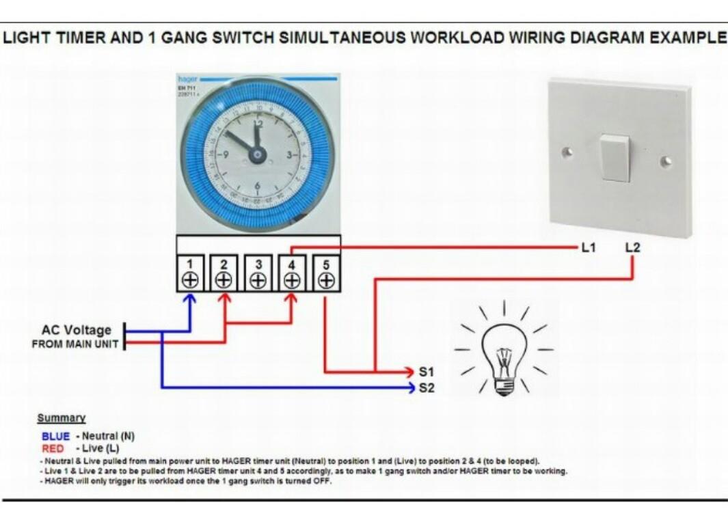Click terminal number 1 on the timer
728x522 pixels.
pyautogui.click(x=191, y=274)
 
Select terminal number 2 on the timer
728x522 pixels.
pyautogui.click(x=224, y=274)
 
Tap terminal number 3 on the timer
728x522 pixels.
pyautogui.click(x=258, y=274)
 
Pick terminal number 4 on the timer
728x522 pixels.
pyautogui.click(x=291, y=274)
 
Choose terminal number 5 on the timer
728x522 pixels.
pyautogui.click(x=325, y=274)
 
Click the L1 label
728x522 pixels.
pyautogui.click(x=588, y=247)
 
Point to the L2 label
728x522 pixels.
pyautogui.click(x=632, y=247)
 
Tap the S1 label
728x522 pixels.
pyautogui.click(x=426, y=373)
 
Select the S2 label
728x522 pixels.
pyautogui.click(x=426, y=389)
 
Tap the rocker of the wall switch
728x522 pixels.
pyautogui.click(x=616, y=157)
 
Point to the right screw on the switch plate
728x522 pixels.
pyautogui.click(x=666, y=161)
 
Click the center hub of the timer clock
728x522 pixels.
pyautogui.click(x=257, y=155)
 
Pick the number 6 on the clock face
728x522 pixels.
pyautogui.click(x=258, y=186)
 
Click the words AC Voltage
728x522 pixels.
pyautogui.click(x=76, y=330)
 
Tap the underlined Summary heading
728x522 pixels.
pyautogui.click(x=61, y=417)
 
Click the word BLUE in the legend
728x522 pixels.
pyautogui.click(x=55, y=436)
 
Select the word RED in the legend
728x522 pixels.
pyautogui.click(x=53, y=448)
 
